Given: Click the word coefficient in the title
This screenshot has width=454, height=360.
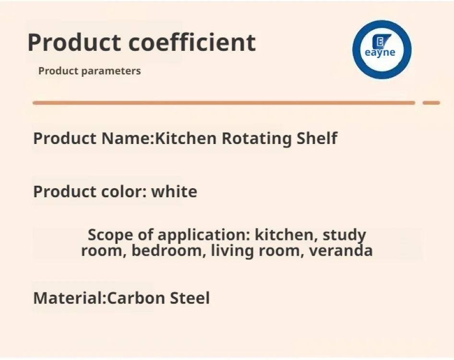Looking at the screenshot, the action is point(192,42).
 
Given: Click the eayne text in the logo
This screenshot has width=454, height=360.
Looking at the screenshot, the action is point(380,52).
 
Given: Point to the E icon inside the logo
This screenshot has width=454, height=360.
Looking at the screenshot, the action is point(381,41).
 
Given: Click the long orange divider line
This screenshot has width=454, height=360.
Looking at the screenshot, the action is point(224,103).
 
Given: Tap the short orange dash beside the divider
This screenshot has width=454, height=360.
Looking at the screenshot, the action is point(431,103).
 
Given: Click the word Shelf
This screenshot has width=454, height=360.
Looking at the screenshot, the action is point(317,138).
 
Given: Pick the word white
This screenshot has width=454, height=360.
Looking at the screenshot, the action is point(174,192).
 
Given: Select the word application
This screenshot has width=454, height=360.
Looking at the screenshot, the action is point(203,235).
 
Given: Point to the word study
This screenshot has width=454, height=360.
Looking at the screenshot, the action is point(344,235).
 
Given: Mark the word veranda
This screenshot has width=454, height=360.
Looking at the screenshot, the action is point(341,251).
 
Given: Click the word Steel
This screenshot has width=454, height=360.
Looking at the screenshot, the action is point(190,298).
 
